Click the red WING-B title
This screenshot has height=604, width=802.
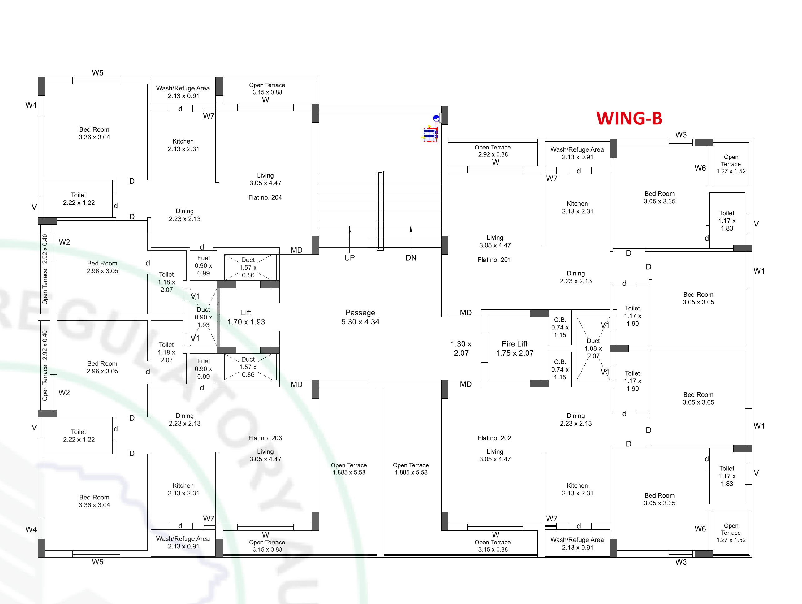click(x=629, y=119)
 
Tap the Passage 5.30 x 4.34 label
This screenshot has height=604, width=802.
click(x=360, y=317)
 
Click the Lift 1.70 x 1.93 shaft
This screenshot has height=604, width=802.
click(x=246, y=317)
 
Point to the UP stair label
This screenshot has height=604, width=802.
click(x=349, y=258)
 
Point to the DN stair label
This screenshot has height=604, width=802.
click(x=411, y=258)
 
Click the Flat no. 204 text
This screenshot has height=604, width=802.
click(x=265, y=197)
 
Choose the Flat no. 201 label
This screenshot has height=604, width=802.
click(x=494, y=260)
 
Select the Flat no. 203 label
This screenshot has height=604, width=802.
click(x=265, y=438)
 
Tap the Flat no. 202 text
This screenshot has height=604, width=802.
click(x=494, y=438)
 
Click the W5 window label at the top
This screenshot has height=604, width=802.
click(x=97, y=73)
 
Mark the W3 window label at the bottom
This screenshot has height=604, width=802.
click(x=681, y=562)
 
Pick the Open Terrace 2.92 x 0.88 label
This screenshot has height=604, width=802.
click(x=493, y=151)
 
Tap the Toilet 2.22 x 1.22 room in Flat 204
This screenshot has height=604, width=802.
click(x=79, y=199)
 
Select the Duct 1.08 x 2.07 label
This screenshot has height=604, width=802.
click(x=593, y=348)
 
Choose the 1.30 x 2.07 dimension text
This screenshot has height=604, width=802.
click(x=461, y=348)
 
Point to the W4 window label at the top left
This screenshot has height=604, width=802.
click(x=31, y=105)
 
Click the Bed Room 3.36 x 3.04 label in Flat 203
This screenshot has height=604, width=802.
click(x=94, y=501)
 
